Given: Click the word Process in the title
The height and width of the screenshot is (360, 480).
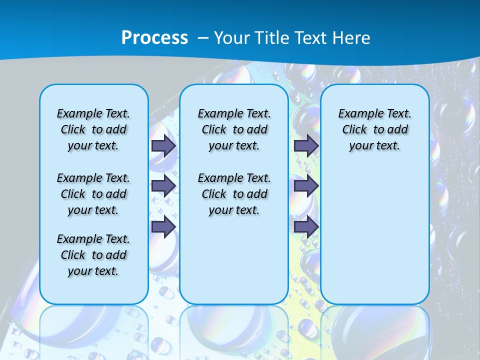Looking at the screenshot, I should pyautogui.click(x=154, y=38).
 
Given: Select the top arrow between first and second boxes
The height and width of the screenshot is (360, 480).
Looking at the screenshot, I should pyautogui.click(x=163, y=145).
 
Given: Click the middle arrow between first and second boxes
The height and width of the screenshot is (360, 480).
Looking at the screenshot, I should pyautogui.click(x=163, y=186).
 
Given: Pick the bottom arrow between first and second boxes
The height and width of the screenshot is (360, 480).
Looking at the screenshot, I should pyautogui.click(x=163, y=227).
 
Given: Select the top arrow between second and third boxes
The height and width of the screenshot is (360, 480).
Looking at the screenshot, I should pyautogui.click(x=306, y=145).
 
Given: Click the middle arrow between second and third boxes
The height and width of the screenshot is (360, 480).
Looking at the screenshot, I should pyautogui.click(x=306, y=186).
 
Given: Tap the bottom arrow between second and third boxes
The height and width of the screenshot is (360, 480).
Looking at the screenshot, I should pyautogui.click(x=306, y=227).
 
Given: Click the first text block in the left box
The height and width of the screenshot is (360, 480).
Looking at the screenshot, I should pyautogui.click(x=93, y=129).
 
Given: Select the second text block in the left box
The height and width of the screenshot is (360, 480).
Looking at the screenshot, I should pyautogui.click(x=93, y=194).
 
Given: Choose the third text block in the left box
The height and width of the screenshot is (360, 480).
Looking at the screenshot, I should pyautogui.click(x=93, y=255).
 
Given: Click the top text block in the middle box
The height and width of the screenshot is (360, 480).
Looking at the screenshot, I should pyautogui.click(x=234, y=129).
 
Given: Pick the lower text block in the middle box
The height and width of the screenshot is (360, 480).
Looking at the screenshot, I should pyautogui.click(x=234, y=194).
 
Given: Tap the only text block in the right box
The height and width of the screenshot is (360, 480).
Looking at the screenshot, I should pyautogui.click(x=374, y=129).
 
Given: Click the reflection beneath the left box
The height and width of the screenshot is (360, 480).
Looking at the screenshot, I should pyautogui.click(x=93, y=330).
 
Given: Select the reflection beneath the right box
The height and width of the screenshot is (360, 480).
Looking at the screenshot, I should pyautogui.click(x=374, y=330).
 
